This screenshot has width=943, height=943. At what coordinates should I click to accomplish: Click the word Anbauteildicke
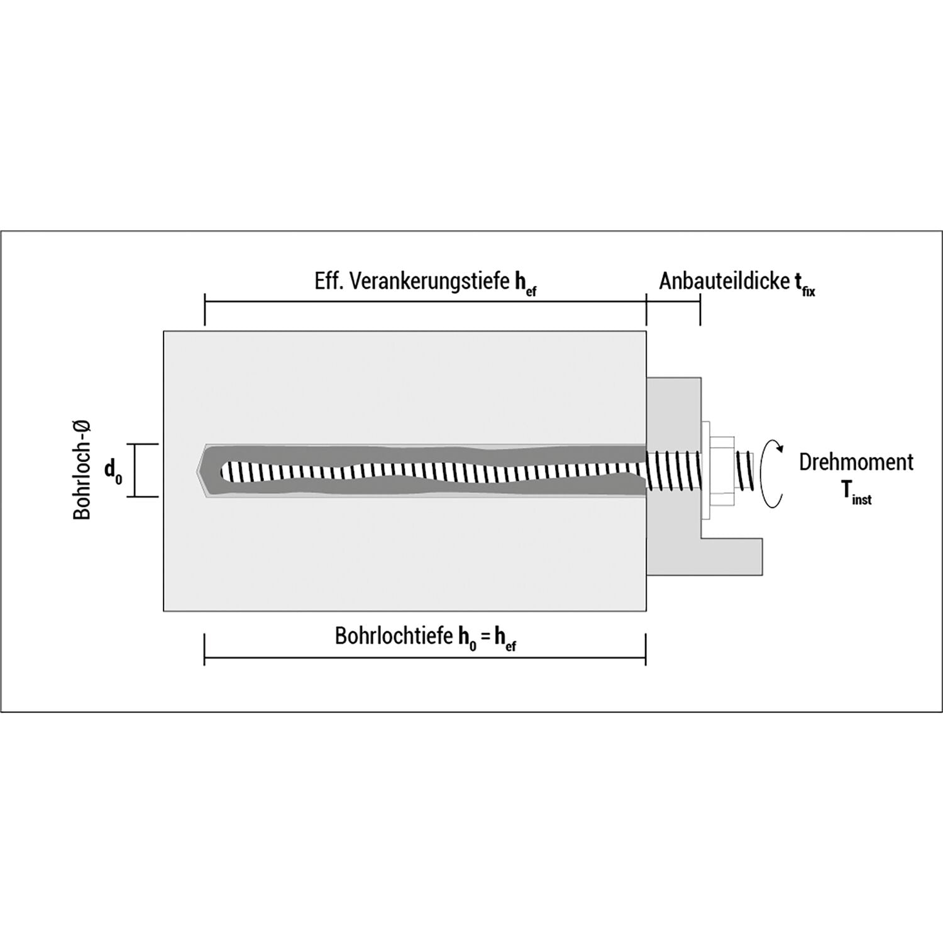723,281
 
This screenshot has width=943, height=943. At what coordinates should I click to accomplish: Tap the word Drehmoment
856,462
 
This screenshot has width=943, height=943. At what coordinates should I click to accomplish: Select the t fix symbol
805,284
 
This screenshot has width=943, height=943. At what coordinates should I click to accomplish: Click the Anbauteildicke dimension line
673,302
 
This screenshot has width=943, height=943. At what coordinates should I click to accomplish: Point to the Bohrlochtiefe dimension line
425,658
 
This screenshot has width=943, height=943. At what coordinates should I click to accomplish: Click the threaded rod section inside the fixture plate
673,470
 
